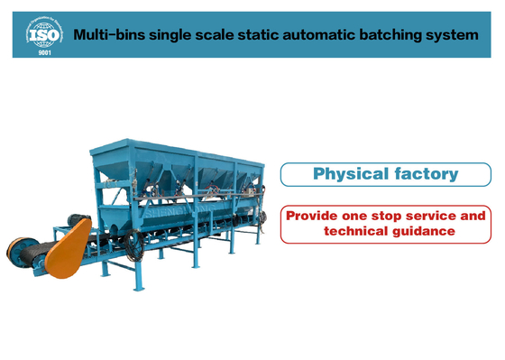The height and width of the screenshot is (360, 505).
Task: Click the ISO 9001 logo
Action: click(44, 34)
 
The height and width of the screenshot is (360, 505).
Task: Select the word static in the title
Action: click(272, 35)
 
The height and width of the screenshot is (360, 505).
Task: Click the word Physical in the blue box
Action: click(349, 173)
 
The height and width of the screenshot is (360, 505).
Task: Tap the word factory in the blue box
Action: click(427, 173)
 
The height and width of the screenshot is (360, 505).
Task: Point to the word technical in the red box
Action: click(355, 232)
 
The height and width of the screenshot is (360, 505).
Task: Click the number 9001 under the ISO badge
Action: click(44, 52)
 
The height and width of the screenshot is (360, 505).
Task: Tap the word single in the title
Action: click(179, 35)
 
